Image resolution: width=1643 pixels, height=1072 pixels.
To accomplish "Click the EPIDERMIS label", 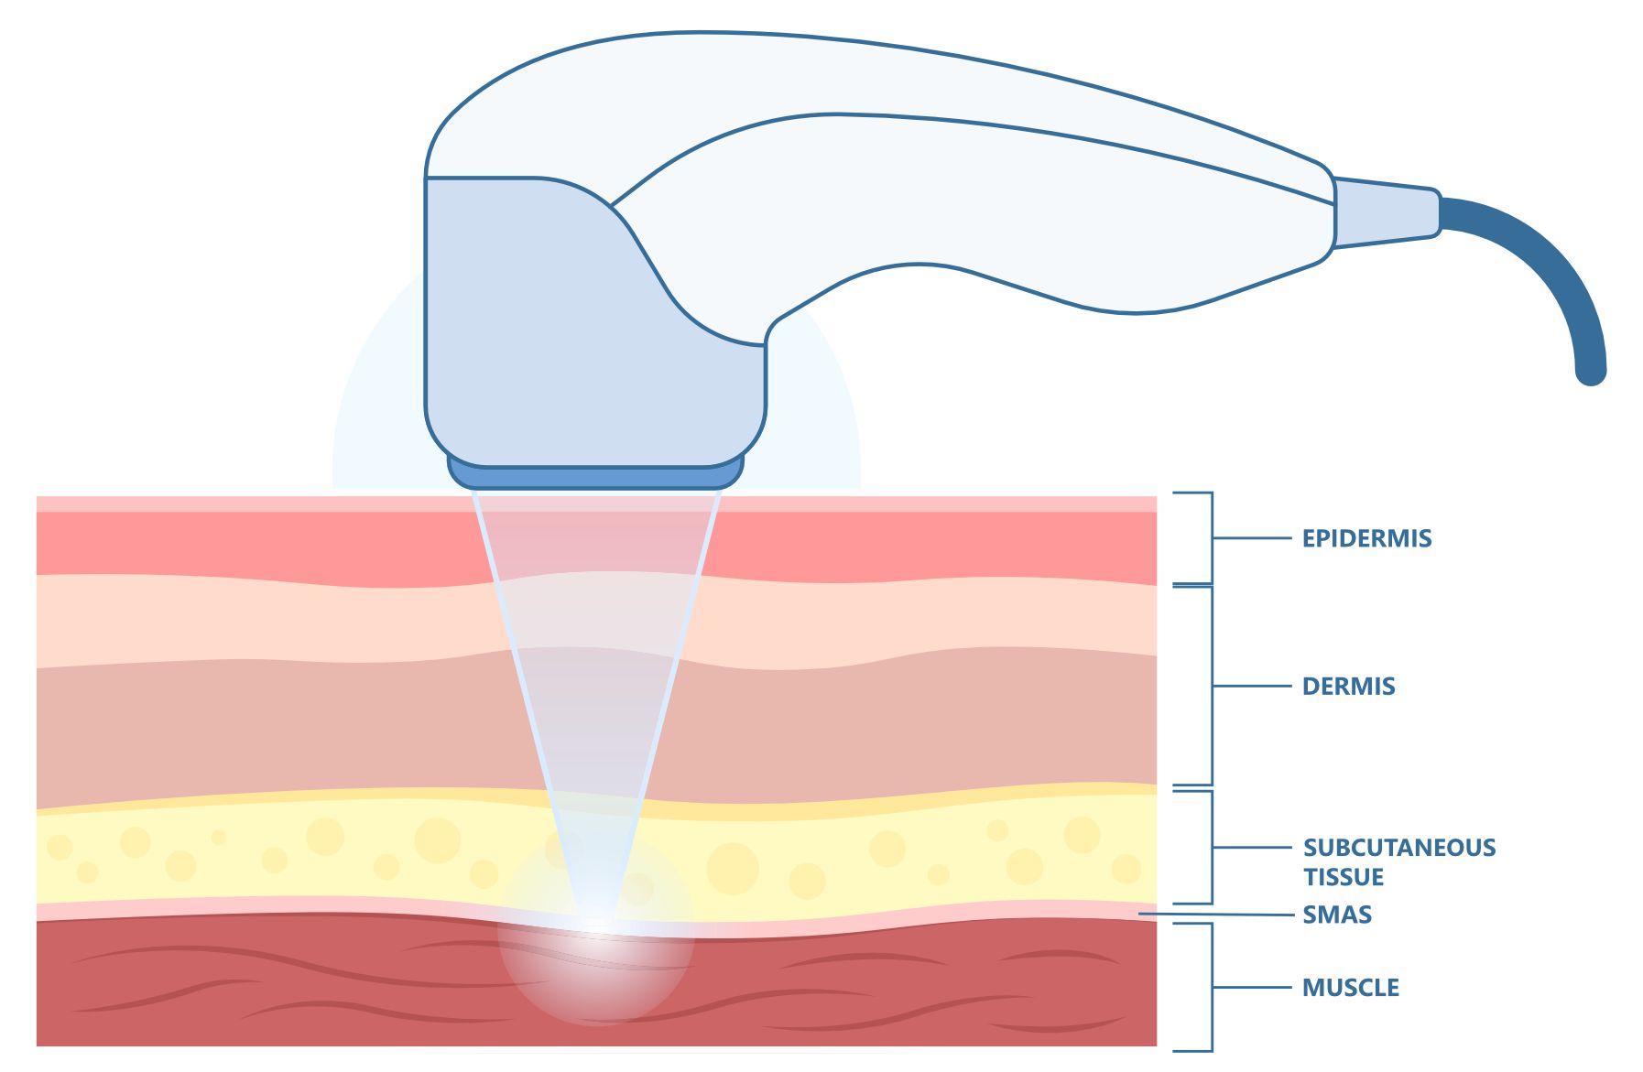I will click(1366, 538).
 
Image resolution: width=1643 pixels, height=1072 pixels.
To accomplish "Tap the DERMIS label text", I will click(1348, 687).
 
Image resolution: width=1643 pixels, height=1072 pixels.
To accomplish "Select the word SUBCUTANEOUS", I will click(1399, 848).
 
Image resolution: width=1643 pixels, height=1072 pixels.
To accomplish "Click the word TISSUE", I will click(1344, 877).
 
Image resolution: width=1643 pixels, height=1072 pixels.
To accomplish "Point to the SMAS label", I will click(1337, 915).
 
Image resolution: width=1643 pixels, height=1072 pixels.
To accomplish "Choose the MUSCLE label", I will click(1351, 988).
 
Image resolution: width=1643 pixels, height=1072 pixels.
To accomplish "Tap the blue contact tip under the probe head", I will click(595, 475).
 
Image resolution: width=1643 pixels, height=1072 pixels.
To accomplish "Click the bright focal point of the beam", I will click(597, 920).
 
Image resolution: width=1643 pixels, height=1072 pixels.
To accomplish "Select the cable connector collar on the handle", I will click(1386, 212).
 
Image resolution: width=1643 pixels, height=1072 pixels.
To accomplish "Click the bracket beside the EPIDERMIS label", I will click(1211, 538).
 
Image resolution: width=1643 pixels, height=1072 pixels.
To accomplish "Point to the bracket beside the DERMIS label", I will click(1211, 687).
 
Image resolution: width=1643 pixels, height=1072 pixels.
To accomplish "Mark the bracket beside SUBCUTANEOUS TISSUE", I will click(1211, 848).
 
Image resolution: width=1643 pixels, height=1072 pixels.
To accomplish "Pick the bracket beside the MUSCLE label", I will click(1211, 988).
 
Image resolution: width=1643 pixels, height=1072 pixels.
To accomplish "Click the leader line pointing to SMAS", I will click(1218, 914).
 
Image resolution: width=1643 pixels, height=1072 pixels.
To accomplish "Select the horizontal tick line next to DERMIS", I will click(1251, 686).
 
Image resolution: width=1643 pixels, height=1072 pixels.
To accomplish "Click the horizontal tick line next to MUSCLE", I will click(1251, 987).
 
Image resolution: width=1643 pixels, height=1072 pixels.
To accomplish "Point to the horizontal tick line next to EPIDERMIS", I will click(1251, 537).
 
